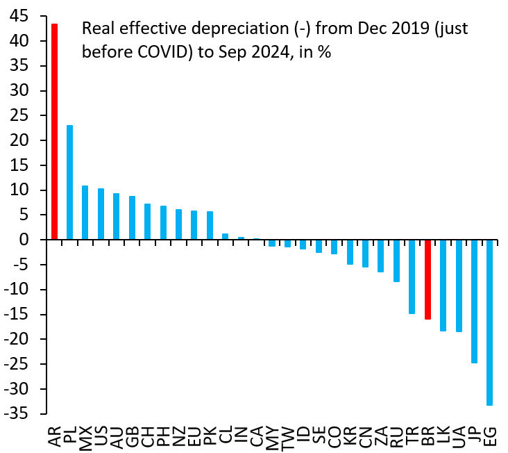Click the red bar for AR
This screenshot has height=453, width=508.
[x=54, y=132]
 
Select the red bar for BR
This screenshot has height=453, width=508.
[x=427, y=279]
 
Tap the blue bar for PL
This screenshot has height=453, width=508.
[x=69, y=182]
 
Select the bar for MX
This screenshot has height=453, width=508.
[x=85, y=213]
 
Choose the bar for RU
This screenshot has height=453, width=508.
[x=396, y=261]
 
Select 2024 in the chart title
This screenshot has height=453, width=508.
[x=273, y=51]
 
